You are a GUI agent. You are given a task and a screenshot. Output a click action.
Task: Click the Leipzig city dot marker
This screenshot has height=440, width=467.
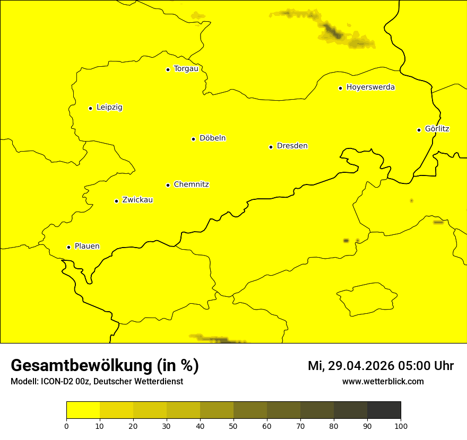point(90,108)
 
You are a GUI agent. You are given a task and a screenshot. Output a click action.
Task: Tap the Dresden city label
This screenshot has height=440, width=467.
point(292,146)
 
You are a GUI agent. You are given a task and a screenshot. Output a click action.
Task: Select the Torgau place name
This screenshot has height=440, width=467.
point(186,69)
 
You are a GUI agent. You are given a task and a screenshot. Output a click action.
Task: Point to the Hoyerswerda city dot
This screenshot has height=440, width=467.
point(340,88)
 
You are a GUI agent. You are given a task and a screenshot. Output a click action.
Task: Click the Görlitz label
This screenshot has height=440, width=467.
point(437,129)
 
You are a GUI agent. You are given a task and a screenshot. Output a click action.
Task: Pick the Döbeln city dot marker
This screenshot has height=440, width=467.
point(193,139)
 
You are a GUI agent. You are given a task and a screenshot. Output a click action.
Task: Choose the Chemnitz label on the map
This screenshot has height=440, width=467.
point(191,184)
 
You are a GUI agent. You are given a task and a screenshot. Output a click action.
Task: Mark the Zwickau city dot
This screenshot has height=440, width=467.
point(116,201)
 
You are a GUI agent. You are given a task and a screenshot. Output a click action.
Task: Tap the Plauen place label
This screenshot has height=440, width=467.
point(87,247)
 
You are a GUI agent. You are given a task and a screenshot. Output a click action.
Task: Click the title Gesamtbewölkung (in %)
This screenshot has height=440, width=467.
point(105,366)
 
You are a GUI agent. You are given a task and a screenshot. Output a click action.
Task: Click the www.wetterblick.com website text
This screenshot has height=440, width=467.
point(383,382)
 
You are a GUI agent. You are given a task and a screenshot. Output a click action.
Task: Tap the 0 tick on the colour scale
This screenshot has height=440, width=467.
point(66,426)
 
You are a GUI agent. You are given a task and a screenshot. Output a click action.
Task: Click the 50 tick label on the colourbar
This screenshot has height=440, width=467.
point(233,426)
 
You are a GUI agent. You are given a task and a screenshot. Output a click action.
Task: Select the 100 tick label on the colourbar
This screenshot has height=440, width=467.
point(401,426)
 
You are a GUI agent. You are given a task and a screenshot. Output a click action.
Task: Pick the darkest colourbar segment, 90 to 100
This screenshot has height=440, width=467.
point(384,410)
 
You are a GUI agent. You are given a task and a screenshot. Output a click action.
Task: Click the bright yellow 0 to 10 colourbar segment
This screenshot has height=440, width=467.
point(83,410)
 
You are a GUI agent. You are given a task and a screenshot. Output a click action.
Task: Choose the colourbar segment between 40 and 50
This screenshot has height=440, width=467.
point(217,410)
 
